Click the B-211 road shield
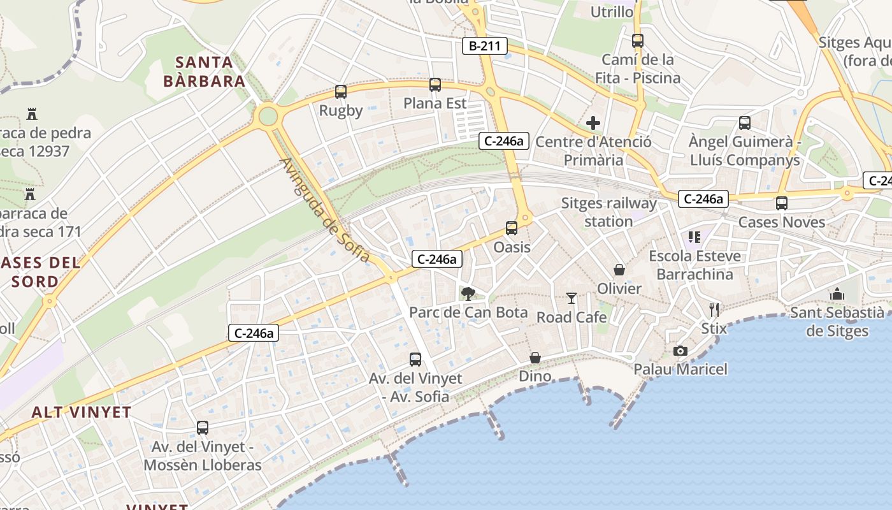point(485,45)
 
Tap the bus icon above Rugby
point(341,92)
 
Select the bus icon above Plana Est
point(435,84)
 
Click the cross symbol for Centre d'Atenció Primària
point(593,123)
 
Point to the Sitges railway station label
point(608,212)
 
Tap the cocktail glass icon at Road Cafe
point(572,298)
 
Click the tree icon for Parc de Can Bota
point(468,293)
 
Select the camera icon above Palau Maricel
point(680,351)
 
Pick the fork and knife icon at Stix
point(714,310)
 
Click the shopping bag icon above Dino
point(535,358)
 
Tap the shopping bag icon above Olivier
point(619,270)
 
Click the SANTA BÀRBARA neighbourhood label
point(204,71)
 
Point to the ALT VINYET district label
point(82,412)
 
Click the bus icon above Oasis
point(512,228)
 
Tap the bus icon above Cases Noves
point(782,203)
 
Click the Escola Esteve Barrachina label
point(694,265)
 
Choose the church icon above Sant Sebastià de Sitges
point(837,294)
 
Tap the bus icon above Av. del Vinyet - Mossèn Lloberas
point(203,428)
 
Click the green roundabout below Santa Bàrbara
point(268,116)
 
